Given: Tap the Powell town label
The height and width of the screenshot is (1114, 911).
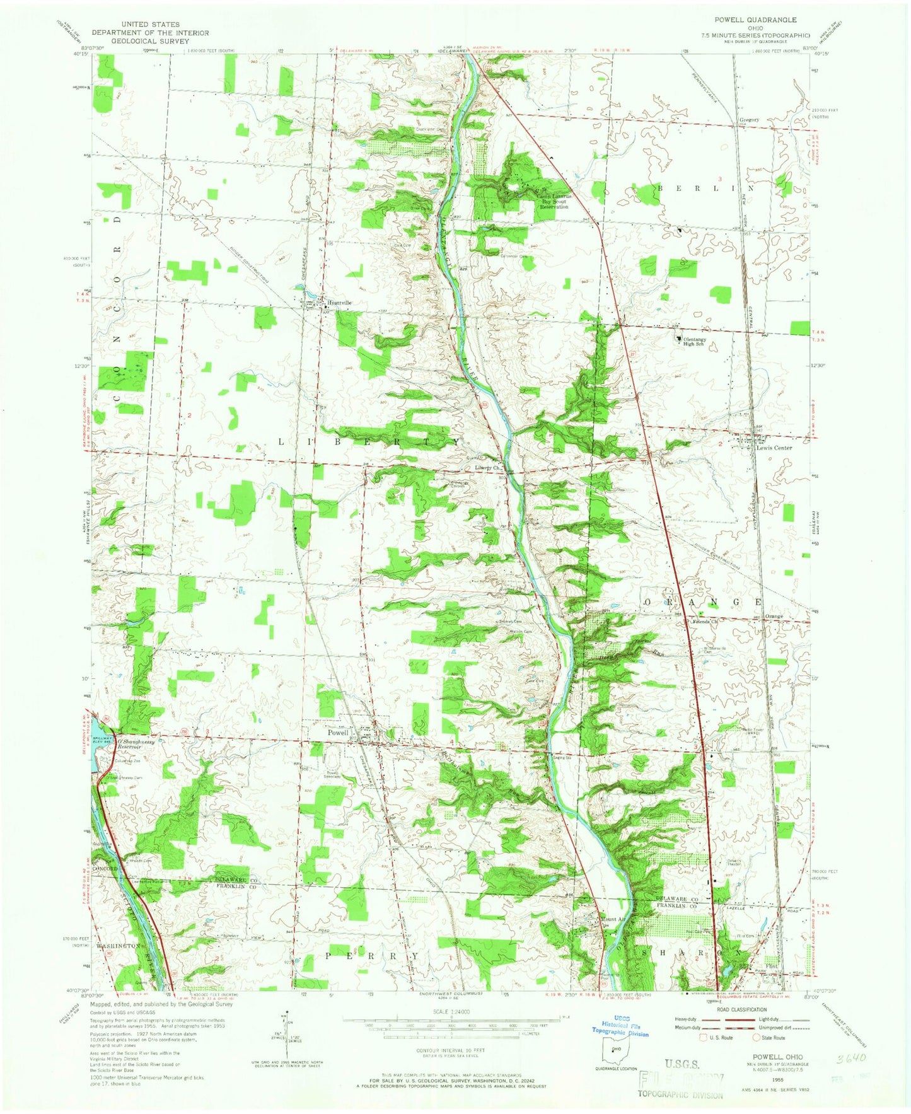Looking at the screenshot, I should [338, 733].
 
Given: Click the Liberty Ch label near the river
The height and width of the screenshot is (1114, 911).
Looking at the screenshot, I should [487, 468].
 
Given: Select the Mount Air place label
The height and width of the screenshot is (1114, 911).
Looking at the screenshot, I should [614, 919].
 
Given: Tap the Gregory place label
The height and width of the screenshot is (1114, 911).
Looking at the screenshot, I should [749, 119].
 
